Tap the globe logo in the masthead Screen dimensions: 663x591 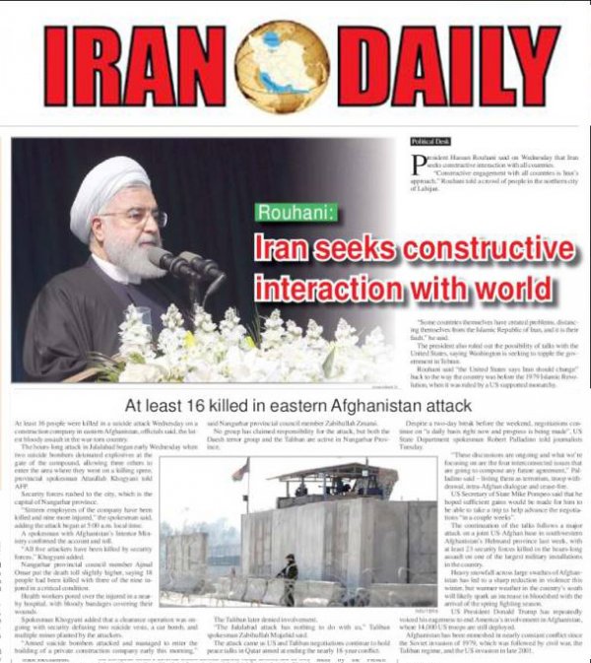pyautogui.click(x=281, y=67)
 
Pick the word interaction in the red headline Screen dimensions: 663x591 pyautogui.click(x=324, y=288)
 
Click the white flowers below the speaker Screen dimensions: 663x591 pyautogui.click(x=246, y=345)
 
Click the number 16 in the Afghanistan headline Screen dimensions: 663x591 pyautogui.click(x=198, y=405)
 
